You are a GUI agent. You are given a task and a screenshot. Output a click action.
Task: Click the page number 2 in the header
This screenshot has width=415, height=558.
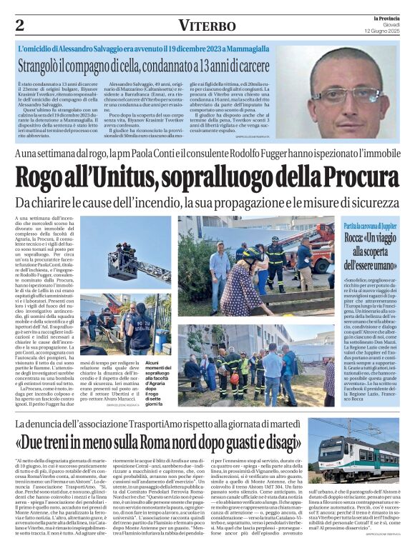[20, 25]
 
